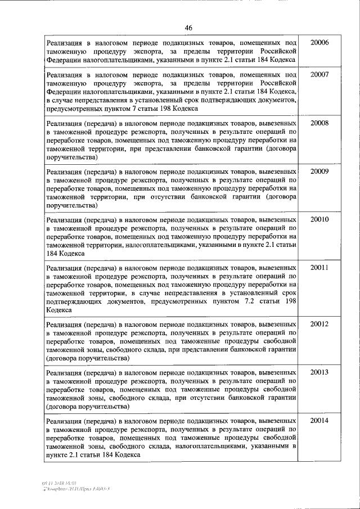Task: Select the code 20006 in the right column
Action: coord(319,43)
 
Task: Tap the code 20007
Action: coord(319,75)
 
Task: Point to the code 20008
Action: coord(319,123)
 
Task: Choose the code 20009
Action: coord(319,170)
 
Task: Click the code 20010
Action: coord(319,219)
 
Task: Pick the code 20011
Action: coord(319,267)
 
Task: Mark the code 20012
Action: coord(319,324)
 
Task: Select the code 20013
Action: coord(319,372)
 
